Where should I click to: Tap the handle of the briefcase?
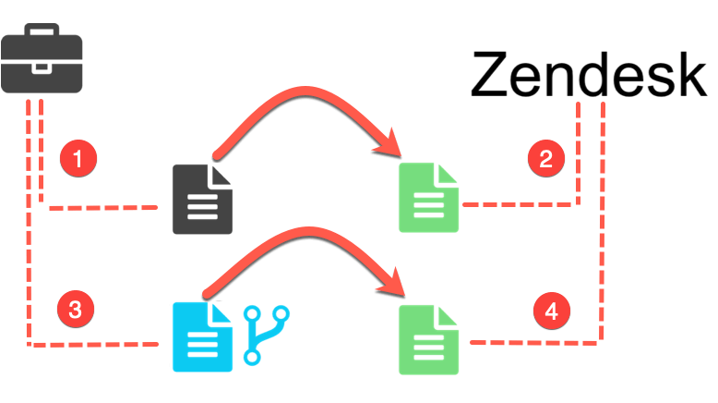[x=42, y=31]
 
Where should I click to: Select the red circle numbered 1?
[x=78, y=158]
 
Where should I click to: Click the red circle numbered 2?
[x=545, y=158]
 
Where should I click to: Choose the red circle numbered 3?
[x=76, y=309]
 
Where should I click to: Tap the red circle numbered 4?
[x=551, y=311]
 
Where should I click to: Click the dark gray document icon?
[x=202, y=199]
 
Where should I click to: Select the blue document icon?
[x=202, y=337]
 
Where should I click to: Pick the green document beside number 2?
[x=428, y=197]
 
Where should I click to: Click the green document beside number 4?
[x=428, y=339]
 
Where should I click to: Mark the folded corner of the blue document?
[x=222, y=312]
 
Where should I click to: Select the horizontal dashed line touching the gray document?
[x=102, y=208]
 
